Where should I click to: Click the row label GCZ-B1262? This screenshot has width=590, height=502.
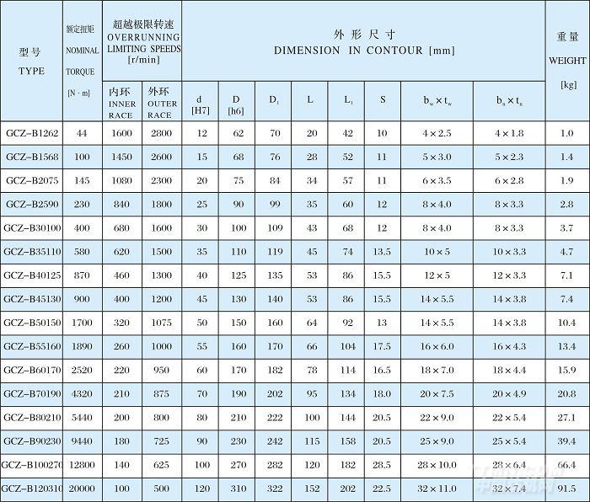click(x=31, y=134)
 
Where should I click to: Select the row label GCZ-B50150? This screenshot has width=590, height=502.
click(x=31, y=323)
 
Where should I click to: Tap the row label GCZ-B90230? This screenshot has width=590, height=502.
click(x=31, y=441)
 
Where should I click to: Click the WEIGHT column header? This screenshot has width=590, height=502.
click(x=566, y=61)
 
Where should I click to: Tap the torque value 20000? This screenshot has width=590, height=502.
click(x=82, y=488)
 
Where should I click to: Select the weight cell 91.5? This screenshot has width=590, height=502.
click(x=566, y=488)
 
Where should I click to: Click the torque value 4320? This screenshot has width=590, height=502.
click(x=82, y=393)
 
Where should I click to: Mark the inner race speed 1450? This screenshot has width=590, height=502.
click(x=122, y=158)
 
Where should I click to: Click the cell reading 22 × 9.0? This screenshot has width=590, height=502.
click(x=437, y=417)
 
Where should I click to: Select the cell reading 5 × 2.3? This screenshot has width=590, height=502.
click(x=509, y=158)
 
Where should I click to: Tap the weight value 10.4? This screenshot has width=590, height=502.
click(x=566, y=323)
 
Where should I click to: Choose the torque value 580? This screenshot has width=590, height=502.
click(x=82, y=252)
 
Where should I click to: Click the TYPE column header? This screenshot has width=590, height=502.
click(x=31, y=61)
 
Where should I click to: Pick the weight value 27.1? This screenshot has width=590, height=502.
click(x=566, y=417)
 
